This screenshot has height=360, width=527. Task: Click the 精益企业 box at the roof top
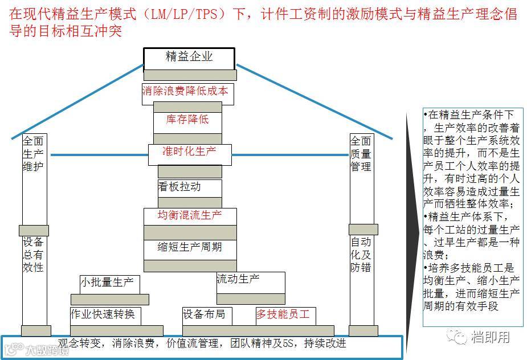[189, 57]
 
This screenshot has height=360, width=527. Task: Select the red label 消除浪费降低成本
[185, 91]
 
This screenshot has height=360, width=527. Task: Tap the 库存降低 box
[187, 120]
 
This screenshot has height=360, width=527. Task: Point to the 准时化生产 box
[189, 152]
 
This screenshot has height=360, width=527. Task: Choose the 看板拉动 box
[180, 187]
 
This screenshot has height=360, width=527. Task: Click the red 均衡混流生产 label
[190, 216]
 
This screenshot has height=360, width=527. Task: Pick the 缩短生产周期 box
[190, 248]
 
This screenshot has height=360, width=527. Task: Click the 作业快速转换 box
[103, 314]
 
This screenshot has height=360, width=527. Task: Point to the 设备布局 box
[204, 314]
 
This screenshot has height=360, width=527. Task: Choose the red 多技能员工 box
[283, 314]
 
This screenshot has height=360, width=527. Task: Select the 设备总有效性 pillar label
[33, 254]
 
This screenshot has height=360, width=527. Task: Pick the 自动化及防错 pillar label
[361, 254]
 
